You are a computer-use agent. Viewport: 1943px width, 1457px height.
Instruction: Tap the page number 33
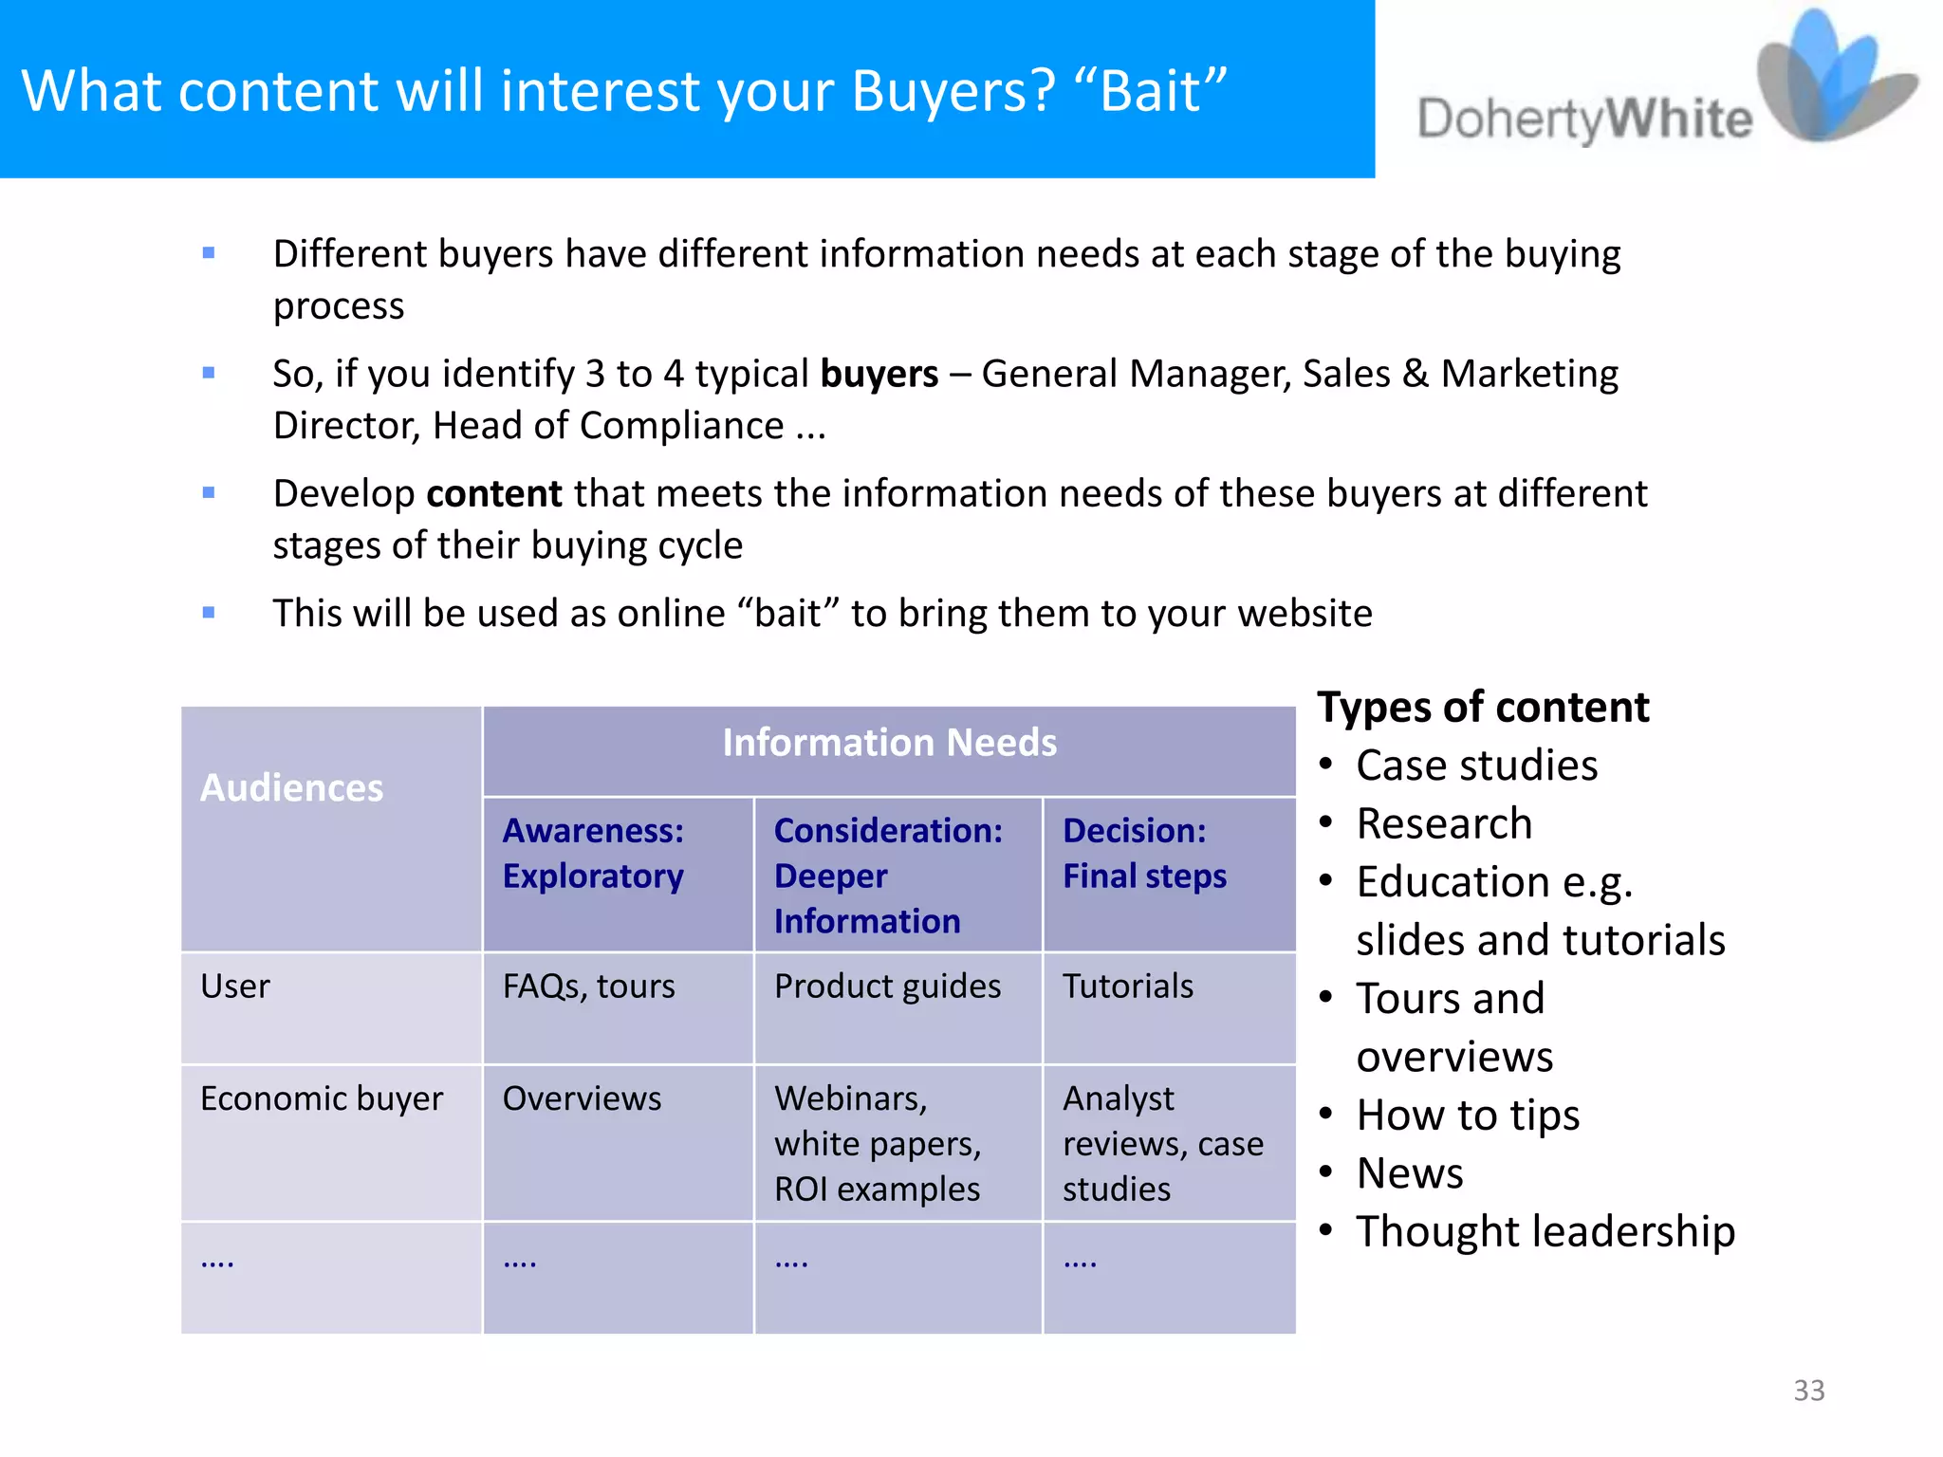pos(1808,1390)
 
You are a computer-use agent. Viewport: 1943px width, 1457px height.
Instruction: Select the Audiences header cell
pos(292,787)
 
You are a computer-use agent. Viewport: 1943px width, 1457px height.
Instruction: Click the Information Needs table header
pos(889,742)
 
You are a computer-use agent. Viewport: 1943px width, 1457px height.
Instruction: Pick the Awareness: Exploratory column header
pos(594,853)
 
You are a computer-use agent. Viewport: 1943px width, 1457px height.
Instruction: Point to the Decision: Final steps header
pos(1144,853)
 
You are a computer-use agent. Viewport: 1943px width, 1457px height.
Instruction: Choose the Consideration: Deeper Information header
pos(888,876)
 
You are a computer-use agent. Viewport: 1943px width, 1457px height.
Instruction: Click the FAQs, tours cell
pos(588,987)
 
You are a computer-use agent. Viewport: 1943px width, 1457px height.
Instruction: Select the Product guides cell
pos(887,987)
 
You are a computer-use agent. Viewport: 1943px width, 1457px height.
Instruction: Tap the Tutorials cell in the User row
pos(1127,987)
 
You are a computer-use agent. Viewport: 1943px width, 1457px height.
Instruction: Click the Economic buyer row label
pos(322,1098)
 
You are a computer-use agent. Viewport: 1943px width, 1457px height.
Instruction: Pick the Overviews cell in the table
pos(582,1098)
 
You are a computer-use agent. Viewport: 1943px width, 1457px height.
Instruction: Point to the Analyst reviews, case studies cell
pos(1162,1143)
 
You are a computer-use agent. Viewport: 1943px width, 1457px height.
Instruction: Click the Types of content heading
pos(1483,708)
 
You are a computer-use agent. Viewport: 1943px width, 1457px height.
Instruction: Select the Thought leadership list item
pos(1545,1231)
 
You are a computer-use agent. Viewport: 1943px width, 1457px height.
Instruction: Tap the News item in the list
pos(1410,1173)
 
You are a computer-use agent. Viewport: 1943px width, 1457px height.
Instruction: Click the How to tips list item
pos(1468,1115)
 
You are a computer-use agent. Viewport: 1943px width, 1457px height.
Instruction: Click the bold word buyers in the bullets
pos(879,374)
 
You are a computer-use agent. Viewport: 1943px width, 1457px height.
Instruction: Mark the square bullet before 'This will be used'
pos(209,613)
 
